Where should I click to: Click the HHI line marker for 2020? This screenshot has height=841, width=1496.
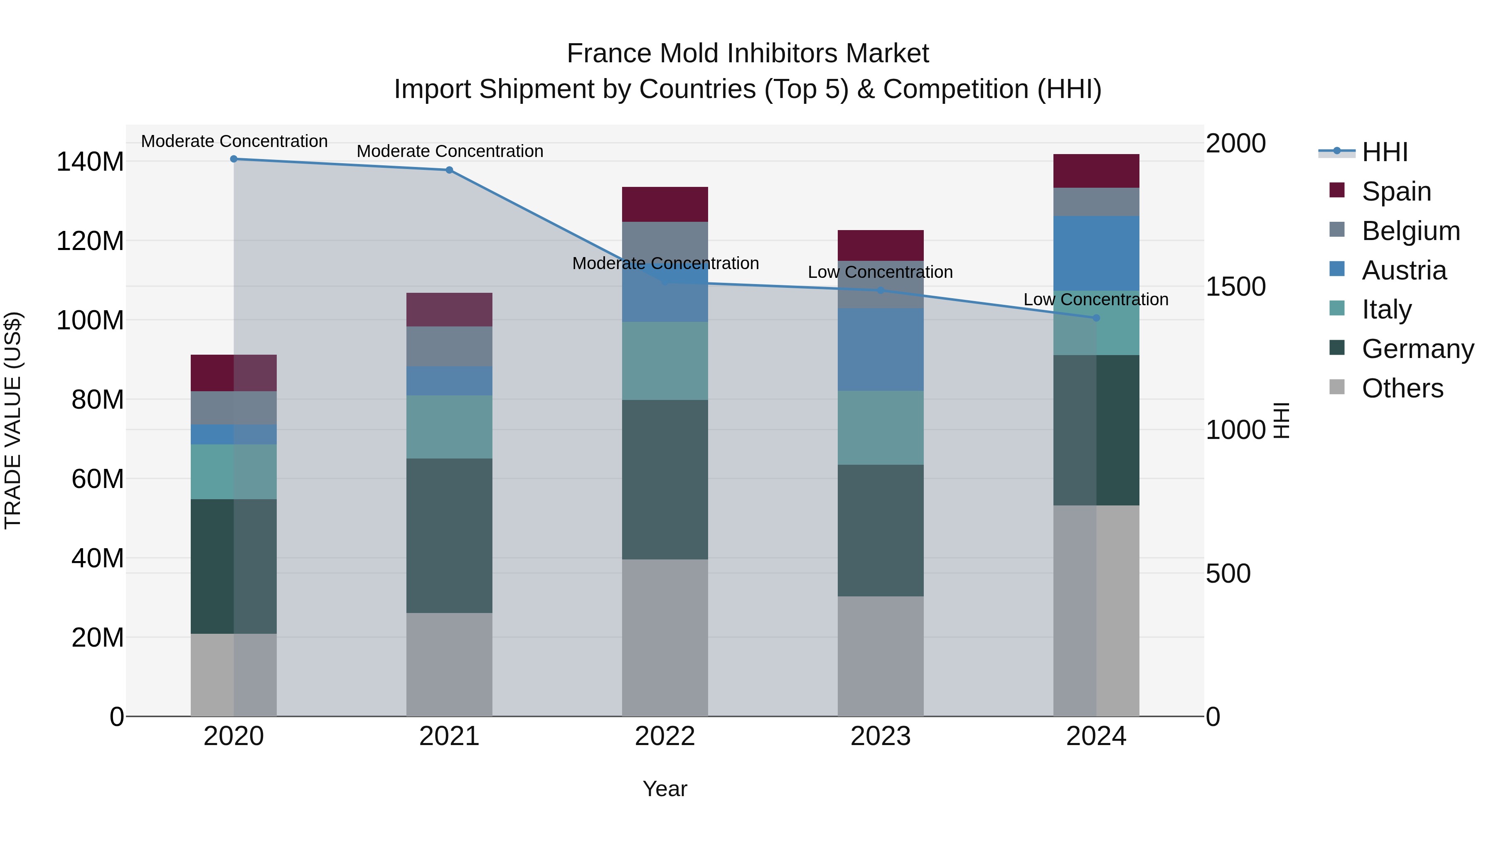point(234,159)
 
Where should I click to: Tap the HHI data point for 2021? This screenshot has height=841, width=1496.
point(449,170)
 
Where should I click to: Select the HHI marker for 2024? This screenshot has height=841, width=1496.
point(1096,317)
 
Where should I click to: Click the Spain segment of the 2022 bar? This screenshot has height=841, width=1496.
point(664,204)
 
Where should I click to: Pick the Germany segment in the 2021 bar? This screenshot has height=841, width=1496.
point(449,535)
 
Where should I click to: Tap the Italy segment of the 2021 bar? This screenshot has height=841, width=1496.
point(449,427)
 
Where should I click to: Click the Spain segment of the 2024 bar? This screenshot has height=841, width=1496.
point(1096,171)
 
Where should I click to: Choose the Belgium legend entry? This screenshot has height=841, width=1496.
point(1410,230)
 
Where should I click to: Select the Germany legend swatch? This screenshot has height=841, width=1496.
point(1337,348)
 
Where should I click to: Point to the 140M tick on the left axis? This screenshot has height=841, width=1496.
point(90,162)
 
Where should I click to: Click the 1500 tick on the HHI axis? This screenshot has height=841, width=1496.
point(1235,287)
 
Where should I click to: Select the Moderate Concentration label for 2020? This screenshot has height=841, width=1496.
point(234,141)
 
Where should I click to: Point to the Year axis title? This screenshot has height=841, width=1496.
point(664,789)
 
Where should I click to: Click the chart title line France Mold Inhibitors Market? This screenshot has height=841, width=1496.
point(748,54)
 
